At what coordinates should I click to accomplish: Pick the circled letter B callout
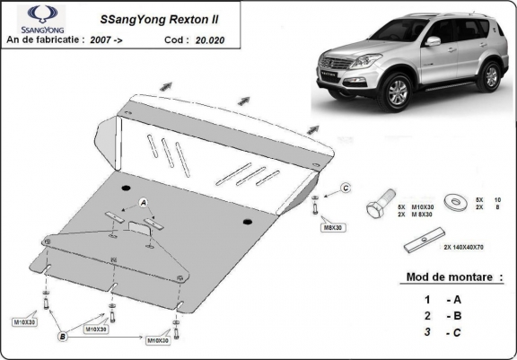tap(63, 337)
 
